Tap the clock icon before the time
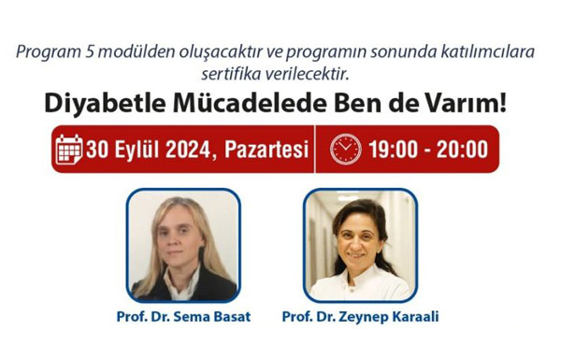coord(345,149)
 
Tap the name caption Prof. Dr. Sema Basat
coord(182,317)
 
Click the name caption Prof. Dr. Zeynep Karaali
coord(361,317)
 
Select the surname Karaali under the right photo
coord(410,317)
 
